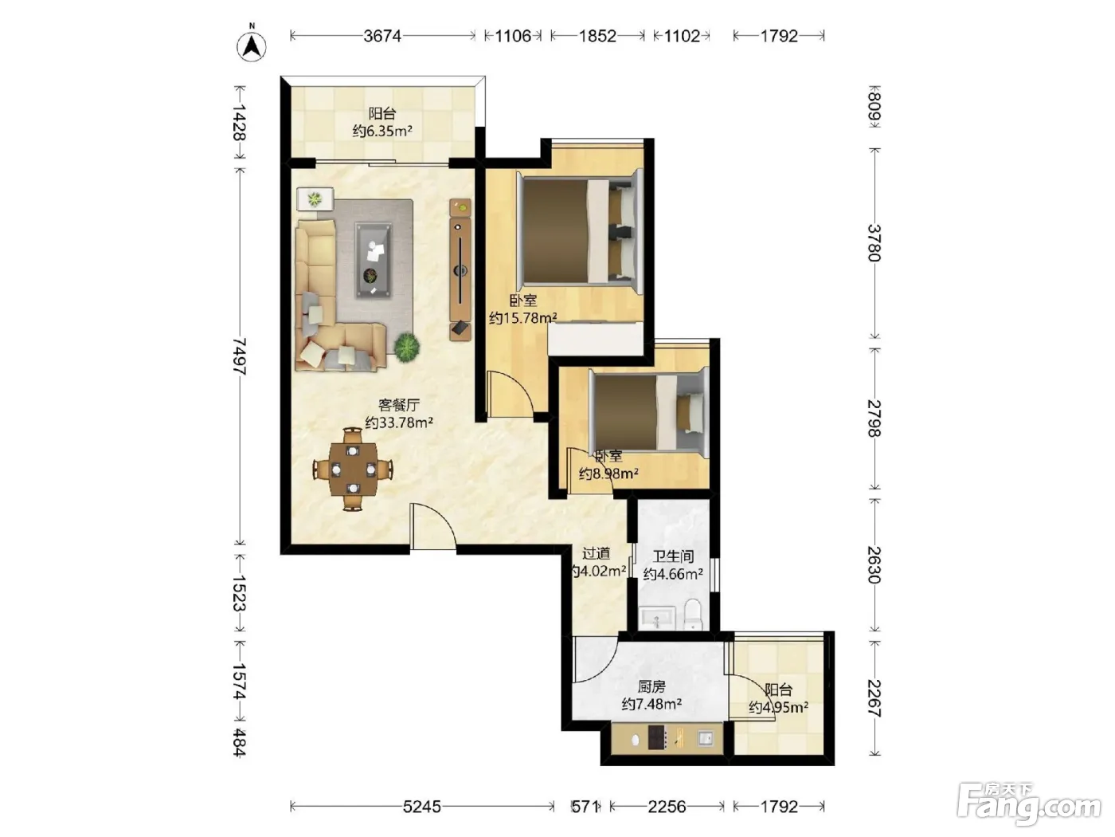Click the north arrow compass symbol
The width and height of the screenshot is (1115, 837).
(252, 46)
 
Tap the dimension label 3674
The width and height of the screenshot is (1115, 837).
(382, 36)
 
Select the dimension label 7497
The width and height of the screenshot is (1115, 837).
(239, 356)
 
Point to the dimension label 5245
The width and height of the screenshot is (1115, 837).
(421, 807)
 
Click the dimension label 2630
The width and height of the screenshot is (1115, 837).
(874, 565)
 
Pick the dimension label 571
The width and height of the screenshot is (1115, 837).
(585, 807)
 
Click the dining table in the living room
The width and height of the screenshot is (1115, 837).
(353, 469)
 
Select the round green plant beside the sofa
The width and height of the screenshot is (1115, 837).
(407, 347)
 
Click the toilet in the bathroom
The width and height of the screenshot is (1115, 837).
(693, 615)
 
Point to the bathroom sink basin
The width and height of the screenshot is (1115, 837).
(657, 618)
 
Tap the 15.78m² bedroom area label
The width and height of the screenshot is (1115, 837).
(522, 318)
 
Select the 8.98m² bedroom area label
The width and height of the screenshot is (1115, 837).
(608, 474)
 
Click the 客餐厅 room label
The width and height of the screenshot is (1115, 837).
(399, 405)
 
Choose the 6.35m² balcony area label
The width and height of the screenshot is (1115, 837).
(382, 131)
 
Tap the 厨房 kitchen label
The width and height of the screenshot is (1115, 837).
(651, 687)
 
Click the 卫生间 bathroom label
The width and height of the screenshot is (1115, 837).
(673, 556)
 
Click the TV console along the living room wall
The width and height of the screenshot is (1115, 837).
(460, 269)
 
